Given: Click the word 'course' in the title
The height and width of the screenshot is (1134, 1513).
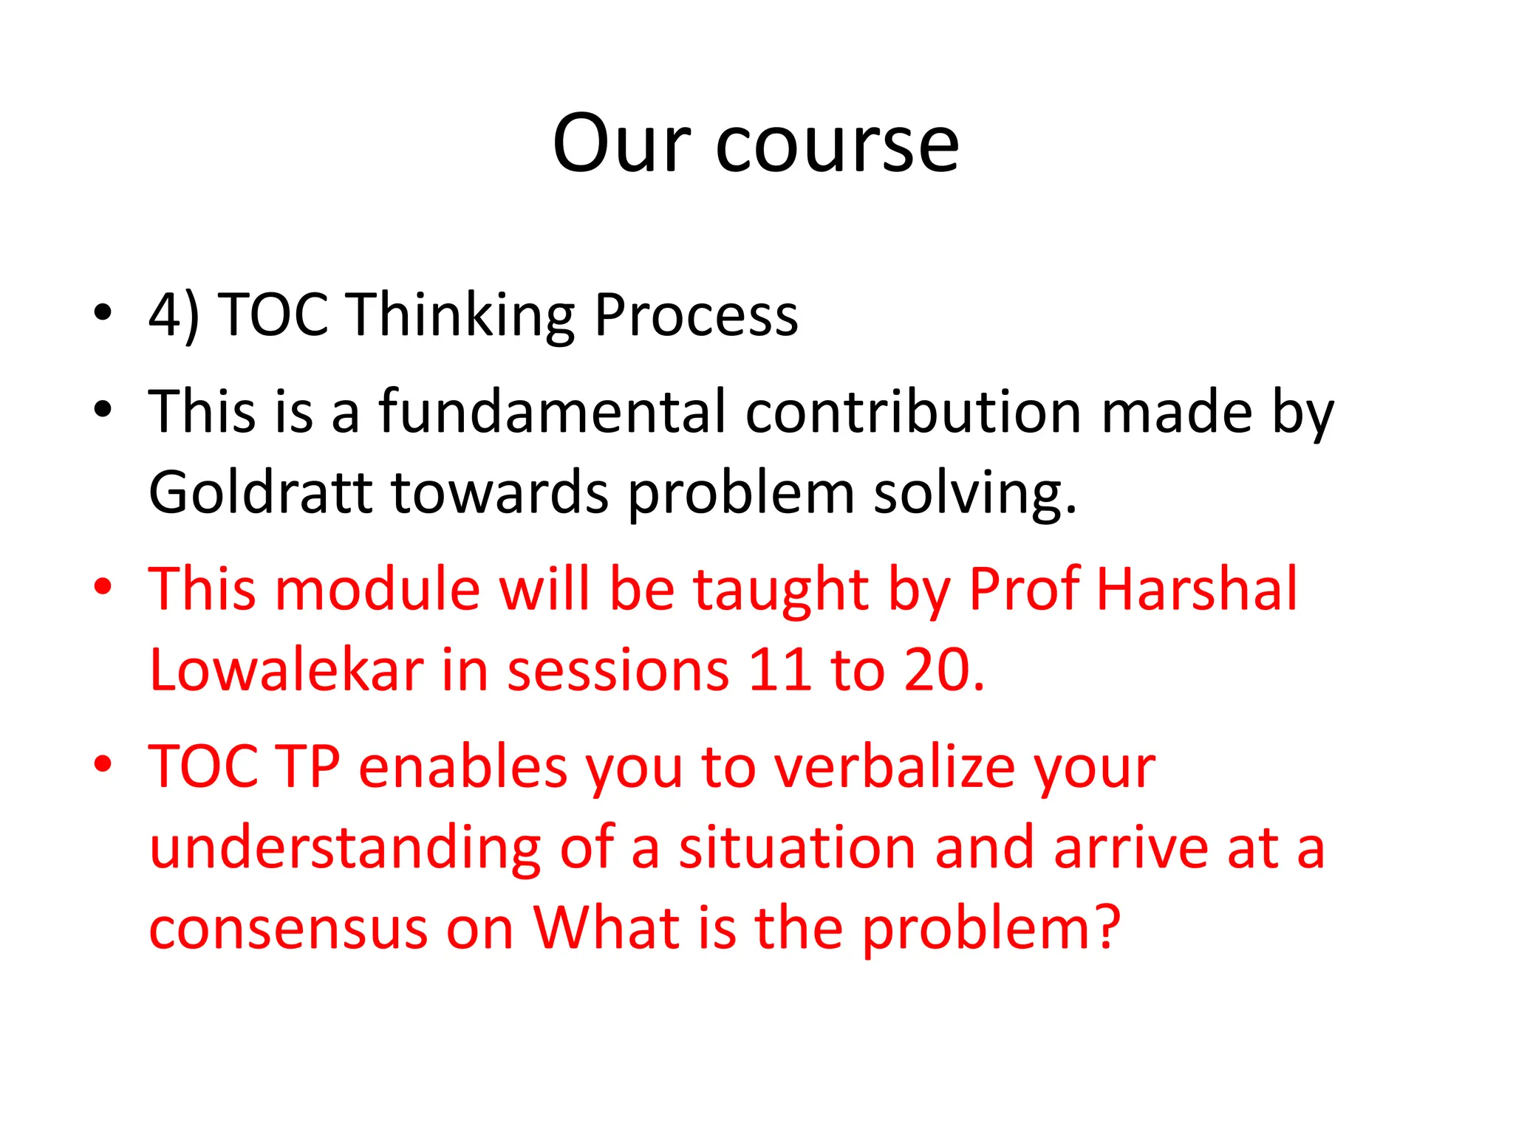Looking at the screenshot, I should pos(837,145).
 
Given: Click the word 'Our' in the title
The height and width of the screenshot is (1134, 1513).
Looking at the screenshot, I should pos(621,145).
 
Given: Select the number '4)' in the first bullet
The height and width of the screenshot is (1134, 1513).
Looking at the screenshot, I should pos(174,315).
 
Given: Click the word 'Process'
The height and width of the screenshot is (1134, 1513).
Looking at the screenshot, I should pos(695,315).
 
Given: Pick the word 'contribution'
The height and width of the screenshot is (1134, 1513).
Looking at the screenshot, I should pos(914,412).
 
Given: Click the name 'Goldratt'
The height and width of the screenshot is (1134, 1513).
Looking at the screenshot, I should pos(260,492).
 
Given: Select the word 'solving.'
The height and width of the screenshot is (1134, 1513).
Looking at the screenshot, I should pos(975,492).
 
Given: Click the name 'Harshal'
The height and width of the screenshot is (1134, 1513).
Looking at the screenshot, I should pos(1196,589).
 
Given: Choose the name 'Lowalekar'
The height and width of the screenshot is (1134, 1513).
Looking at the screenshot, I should pos(286,670).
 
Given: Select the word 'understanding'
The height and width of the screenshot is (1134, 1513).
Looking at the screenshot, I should pos(345,848).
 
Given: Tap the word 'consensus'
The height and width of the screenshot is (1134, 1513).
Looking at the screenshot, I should pos(288,928).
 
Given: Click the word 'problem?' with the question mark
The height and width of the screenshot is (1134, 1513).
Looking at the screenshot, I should pos(991,928).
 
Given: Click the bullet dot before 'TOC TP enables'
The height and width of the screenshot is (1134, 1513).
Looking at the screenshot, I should pos(103,763).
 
